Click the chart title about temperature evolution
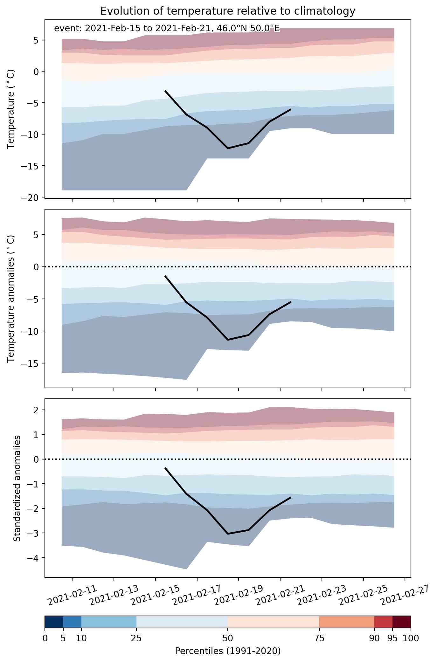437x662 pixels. click(x=228, y=11)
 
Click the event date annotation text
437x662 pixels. click(x=167, y=29)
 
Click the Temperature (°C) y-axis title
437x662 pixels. click(x=11, y=109)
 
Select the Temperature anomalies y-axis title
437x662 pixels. click(x=11, y=299)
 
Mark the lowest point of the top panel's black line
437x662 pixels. click(x=228, y=148)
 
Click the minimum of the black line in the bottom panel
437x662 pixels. click(x=228, y=534)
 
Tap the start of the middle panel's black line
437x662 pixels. click(x=165, y=276)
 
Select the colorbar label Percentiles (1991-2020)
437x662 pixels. click(x=228, y=651)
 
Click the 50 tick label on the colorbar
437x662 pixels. click(x=228, y=638)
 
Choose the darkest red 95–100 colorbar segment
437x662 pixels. click(x=402, y=622)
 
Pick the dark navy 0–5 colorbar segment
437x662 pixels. click(x=54, y=622)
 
